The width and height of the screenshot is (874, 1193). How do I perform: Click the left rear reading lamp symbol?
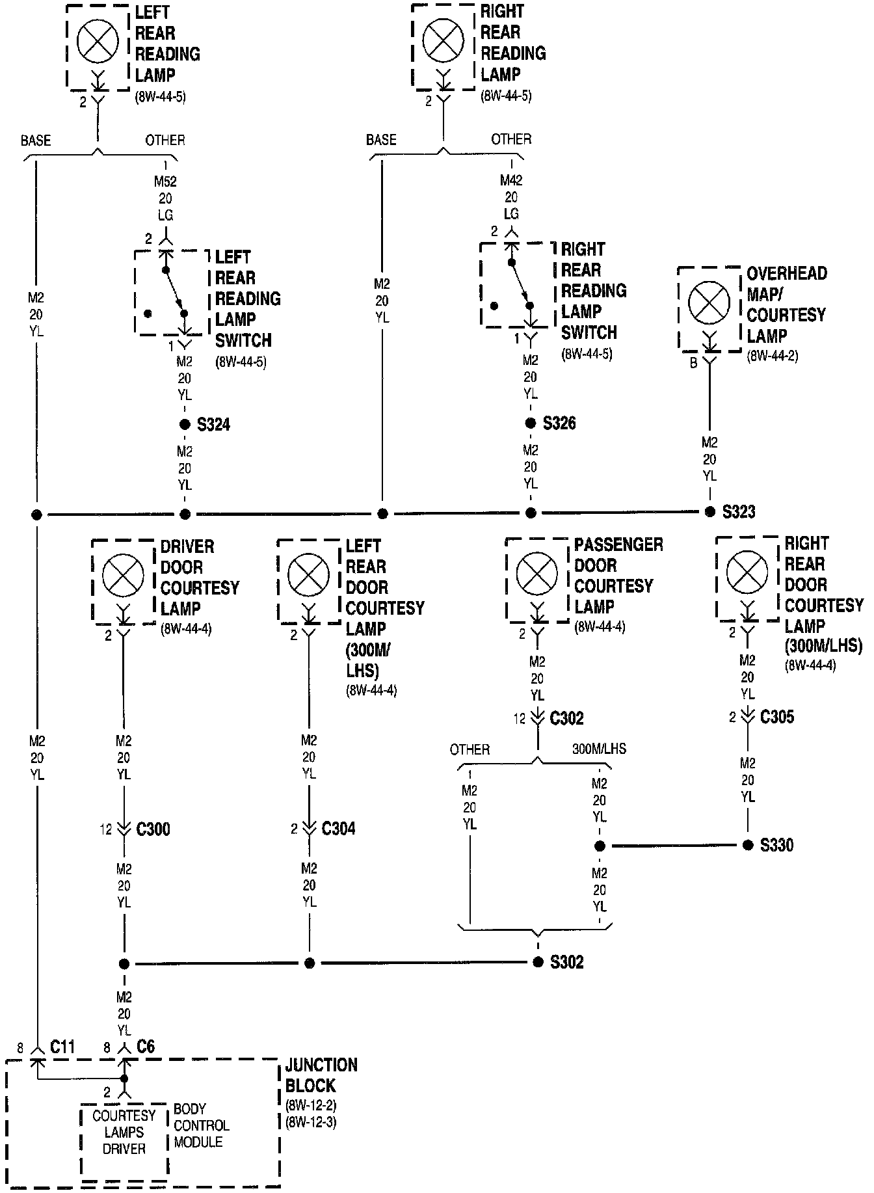pyautogui.click(x=98, y=41)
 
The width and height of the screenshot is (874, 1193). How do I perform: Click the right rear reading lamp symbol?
pyautogui.click(x=444, y=40)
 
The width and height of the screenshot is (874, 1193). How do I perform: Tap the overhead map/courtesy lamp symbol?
pyautogui.click(x=709, y=303)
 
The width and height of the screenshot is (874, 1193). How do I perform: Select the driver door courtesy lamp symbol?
pyautogui.click(x=123, y=576)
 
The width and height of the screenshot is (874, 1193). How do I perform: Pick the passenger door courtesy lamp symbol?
pyautogui.click(x=536, y=574)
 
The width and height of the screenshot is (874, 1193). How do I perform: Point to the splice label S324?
pyautogui.click(x=213, y=425)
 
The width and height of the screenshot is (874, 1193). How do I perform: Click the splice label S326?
pyautogui.click(x=559, y=423)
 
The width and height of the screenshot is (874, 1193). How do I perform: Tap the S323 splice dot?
pyautogui.click(x=710, y=512)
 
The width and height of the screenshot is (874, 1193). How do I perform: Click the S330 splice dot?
pyautogui.click(x=748, y=845)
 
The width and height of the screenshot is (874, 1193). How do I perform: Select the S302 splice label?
pyautogui.click(x=566, y=962)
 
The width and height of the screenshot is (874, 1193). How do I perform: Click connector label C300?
pyautogui.click(x=153, y=829)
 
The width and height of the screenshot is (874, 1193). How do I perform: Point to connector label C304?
pyautogui.click(x=338, y=829)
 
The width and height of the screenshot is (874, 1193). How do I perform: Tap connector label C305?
pyautogui.click(x=777, y=717)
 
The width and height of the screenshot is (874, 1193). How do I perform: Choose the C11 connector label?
pyautogui.click(x=63, y=1047)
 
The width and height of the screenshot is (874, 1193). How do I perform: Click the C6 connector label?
pyautogui.click(x=146, y=1047)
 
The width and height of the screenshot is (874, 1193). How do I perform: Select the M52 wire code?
pyautogui.click(x=165, y=181)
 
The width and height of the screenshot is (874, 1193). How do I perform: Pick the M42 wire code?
pyautogui.click(x=511, y=180)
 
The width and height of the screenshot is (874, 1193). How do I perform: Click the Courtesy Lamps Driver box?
pyautogui.click(x=124, y=1133)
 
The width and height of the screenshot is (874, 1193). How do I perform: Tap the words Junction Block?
pyautogui.click(x=321, y=1075)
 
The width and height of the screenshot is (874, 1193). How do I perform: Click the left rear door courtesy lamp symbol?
pyautogui.click(x=308, y=576)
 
